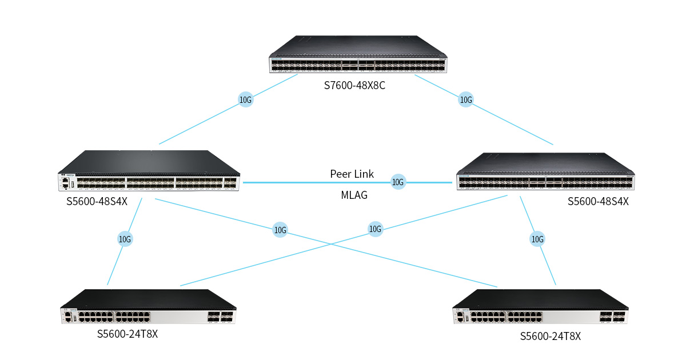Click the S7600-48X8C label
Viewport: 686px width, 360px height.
tap(354, 85)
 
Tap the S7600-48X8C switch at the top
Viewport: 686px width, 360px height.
tap(358, 54)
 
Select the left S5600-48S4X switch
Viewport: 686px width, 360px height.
tap(149, 170)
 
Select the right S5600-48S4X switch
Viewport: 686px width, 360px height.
tap(545, 171)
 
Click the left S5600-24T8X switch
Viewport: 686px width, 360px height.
tap(148, 306)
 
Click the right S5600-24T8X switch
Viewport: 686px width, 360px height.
tap(541, 306)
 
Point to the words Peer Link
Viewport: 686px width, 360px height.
tap(352, 174)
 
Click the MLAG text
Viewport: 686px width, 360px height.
tap(354, 195)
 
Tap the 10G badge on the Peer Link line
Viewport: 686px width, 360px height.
tap(398, 182)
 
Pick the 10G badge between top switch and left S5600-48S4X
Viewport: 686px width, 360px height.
tap(246, 99)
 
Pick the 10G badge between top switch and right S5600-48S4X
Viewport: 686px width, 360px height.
tap(466, 99)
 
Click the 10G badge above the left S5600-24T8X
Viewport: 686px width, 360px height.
tap(125, 239)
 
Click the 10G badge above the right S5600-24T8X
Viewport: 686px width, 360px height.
tap(537, 239)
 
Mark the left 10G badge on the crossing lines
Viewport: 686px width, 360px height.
tap(280, 230)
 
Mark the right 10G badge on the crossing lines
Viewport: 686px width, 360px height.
tap(375, 229)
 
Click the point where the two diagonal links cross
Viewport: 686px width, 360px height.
tap(332, 243)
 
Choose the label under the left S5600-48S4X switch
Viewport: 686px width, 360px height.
tap(97, 201)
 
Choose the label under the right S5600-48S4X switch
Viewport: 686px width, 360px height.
tap(598, 201)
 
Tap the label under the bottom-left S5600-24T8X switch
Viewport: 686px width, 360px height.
tap(127, 334)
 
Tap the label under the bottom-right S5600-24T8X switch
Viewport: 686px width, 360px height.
tap(551, 337)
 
